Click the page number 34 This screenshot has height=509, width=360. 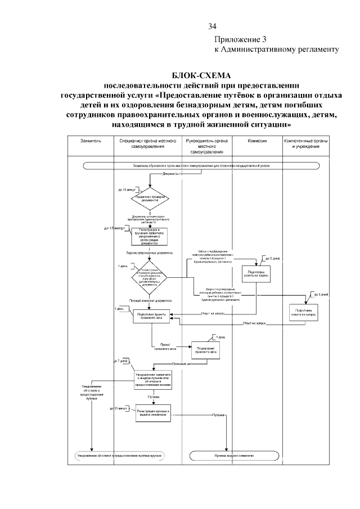[212, 26]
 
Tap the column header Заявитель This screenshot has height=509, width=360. [91, 141]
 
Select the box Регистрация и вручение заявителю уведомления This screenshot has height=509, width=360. [150, 237]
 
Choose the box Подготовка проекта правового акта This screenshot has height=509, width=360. [150, 316]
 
